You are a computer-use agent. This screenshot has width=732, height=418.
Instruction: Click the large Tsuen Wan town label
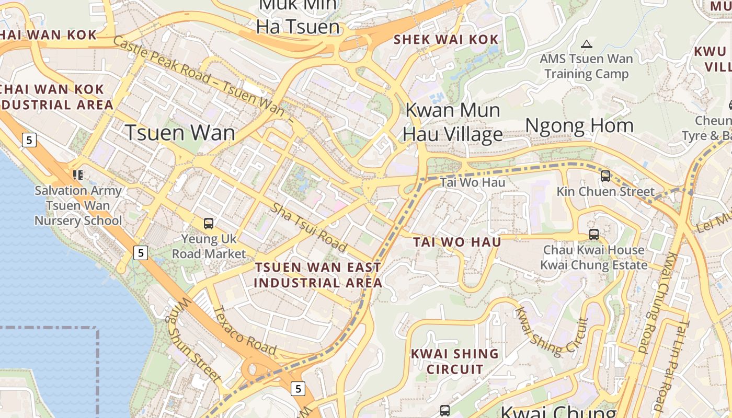tap(180, 133)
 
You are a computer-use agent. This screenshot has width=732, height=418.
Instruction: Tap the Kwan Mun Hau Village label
tap(453, 122)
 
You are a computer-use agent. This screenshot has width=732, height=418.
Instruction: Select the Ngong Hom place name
tap(579, 125)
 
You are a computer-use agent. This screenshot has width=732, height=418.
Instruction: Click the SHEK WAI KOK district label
tap(446, 40)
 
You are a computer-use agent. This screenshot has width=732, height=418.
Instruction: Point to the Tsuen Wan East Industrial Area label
tap(318, 275)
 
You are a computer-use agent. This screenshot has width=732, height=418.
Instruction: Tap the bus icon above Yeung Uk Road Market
tap(209, 224)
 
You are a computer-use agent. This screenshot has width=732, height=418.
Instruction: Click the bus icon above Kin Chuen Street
tap(605, 176)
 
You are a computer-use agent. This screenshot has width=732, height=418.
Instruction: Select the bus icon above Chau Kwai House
tap(593, 234)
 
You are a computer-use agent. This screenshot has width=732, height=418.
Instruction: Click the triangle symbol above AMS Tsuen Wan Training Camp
tap(587, 44)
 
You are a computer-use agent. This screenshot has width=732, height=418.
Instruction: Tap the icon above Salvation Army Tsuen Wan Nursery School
tap(78, 175)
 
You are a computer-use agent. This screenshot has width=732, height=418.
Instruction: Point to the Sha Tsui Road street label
tap(309, 226)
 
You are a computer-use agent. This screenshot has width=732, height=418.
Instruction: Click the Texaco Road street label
tap(245, 330)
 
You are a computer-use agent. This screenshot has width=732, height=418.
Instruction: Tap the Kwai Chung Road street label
tap(658, 304)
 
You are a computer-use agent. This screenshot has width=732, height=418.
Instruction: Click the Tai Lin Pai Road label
tap(674, 366)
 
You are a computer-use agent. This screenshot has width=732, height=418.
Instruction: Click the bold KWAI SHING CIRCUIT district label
tap(454, 362)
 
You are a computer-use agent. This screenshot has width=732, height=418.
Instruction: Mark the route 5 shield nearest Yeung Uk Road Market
tap(140, 253)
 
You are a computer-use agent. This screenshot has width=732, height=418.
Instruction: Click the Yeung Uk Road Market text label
tap(209, 247)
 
